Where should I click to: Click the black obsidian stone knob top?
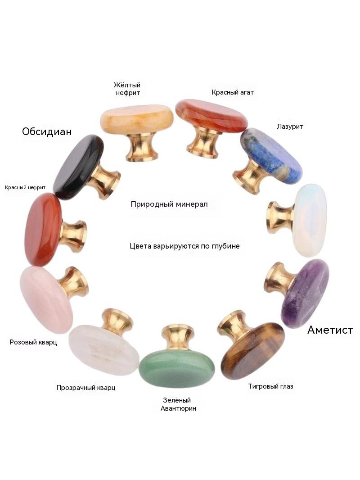tap(78, 167)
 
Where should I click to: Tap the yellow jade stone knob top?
tap(137, 119)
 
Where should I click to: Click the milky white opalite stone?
tap(309, 220)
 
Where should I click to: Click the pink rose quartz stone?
tap(46, 300)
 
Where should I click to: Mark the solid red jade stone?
tap(43, 230)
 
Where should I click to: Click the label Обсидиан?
tap(47, 131)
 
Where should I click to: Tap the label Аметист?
tap(330, 330)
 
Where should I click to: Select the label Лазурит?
tap(290, 126)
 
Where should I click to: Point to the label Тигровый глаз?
tap(271, 386)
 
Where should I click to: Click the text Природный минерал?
tap(169, 204)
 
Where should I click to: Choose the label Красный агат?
tap(233, 92)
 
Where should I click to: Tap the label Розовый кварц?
tap(33, 342)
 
